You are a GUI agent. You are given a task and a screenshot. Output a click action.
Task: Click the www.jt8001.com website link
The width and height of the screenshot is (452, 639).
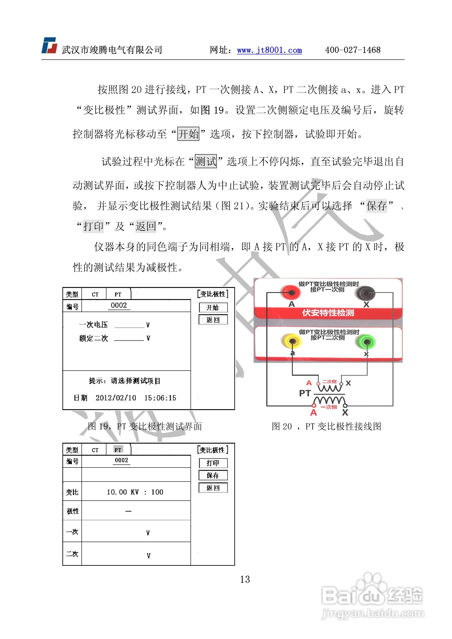[269, 50]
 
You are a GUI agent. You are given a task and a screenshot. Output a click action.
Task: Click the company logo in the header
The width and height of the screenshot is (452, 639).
[49, 45]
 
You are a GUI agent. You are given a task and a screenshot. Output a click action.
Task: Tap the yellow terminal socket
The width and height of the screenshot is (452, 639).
[292, 341]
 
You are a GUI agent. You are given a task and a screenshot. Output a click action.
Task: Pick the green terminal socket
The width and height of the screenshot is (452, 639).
[367, 341]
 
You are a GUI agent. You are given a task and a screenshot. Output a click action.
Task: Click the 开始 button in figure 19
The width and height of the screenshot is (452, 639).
[213, 307]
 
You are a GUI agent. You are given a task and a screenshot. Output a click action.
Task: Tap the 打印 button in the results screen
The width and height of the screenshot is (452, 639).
[213, 463]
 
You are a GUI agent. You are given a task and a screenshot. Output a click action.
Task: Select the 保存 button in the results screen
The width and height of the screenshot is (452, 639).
[213, 475]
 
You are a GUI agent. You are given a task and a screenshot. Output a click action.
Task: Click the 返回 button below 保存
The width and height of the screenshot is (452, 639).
[213, 488]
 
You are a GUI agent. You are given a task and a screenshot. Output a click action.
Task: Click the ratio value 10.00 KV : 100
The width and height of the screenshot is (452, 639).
[135, 492]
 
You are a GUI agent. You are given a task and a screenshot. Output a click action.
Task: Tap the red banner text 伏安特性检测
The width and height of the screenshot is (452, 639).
[328, 313]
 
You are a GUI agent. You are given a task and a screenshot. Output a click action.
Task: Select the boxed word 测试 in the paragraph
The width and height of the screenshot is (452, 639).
[206, 161]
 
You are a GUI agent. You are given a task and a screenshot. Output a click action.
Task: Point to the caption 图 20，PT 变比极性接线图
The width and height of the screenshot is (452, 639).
[326, 426]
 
